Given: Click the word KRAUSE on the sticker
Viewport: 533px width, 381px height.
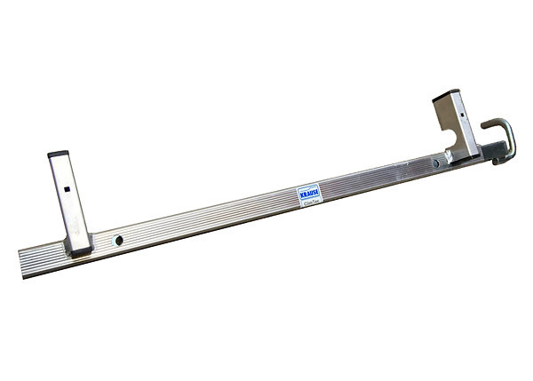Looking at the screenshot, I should pyautogui.click(x=307, y=191).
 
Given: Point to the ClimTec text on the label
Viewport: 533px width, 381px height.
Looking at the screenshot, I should pyautogui.click(x=310, y=202).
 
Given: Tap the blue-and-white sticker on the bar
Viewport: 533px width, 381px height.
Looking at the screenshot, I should pyautogui.click(x=308, y=195).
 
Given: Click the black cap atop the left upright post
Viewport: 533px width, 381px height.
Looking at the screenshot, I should pyautogui.click(x=59, y=154).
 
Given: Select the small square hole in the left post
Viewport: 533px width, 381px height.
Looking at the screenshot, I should pyautogui.click(x=68, y=188).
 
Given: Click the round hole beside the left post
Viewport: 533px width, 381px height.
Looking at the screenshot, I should pyautogui.click(x=118, y=241).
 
